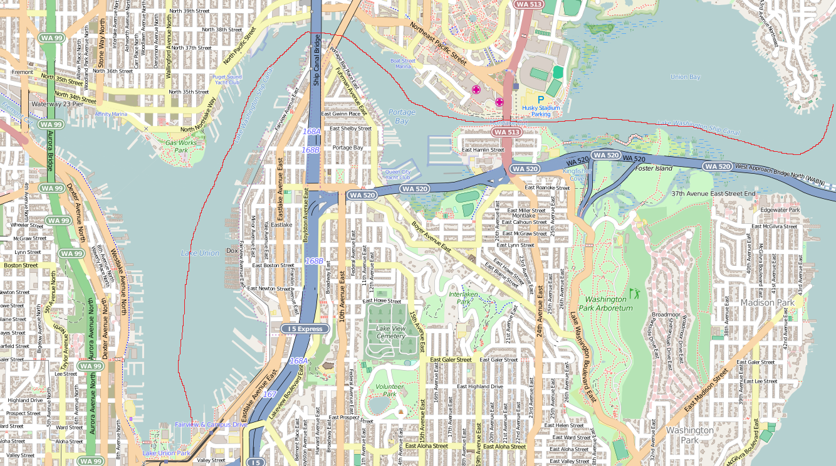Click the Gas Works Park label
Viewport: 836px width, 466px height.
(181, 146)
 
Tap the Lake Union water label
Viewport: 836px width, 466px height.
(200, 253)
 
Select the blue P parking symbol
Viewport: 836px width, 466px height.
(540, 100)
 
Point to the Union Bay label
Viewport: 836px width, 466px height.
(685, 77)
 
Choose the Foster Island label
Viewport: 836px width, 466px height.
(654, 168)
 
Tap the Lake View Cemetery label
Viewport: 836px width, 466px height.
(390, 332)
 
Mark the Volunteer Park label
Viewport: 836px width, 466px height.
(389, 390)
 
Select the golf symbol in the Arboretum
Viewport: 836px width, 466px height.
(635, 293)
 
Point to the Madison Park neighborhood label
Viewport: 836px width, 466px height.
(767, 302)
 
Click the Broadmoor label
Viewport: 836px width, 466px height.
(666, 315)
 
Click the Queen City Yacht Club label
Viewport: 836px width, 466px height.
(398, 174)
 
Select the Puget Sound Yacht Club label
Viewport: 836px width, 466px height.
(226, 80)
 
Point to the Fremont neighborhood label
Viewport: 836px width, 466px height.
(23, 72)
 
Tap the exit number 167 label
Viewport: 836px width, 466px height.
(269, 394)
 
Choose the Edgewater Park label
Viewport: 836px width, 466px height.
(780, 209)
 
